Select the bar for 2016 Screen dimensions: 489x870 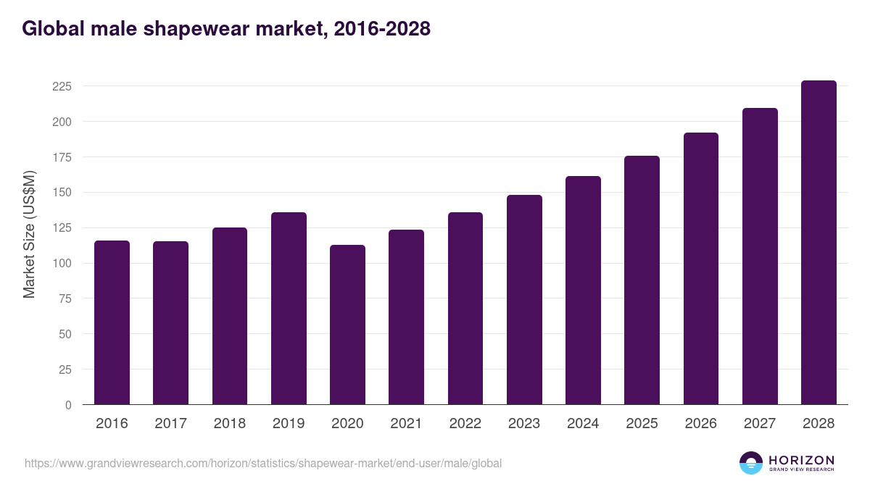(112, 322)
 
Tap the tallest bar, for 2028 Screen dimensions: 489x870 (819, 243)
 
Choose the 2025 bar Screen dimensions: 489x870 (642, 280)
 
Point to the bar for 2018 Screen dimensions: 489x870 (229, 316)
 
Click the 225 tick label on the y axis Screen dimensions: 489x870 (62, 86)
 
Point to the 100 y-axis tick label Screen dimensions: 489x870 (62, 263)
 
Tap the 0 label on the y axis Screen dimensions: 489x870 (68, 405)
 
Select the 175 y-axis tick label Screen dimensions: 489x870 (62, 157)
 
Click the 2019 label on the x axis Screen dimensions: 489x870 (289, 424)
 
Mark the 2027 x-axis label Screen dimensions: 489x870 (760, 424)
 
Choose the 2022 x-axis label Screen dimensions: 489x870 (465, 424)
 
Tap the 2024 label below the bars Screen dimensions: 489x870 (583, 424)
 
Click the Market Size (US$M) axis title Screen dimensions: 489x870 (30, 234)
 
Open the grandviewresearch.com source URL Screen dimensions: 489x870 (263, 463)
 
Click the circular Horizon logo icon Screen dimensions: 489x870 (750, 463)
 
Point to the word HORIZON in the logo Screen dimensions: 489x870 (801, 459)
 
